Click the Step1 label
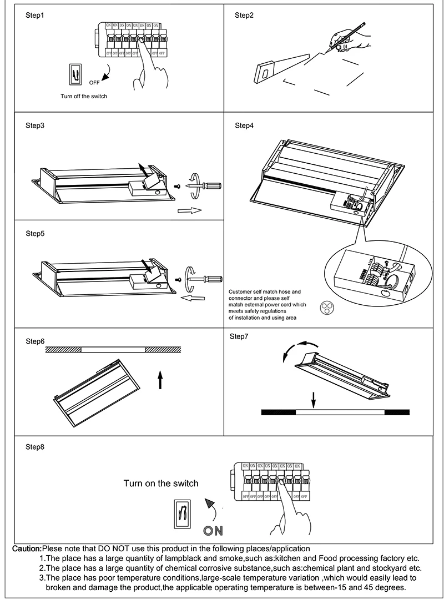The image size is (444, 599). coord(34,16)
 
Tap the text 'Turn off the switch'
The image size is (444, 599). coord(84,96)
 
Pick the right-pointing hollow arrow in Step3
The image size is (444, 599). coord(190,211)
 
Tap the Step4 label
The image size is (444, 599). coord(244,126)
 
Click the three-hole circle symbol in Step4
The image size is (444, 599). coord(327,309)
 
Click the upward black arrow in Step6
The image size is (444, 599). coord(160,380)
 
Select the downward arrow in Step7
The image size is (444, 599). coord(314,399)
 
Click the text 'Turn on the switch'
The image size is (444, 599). coord(160,484)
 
